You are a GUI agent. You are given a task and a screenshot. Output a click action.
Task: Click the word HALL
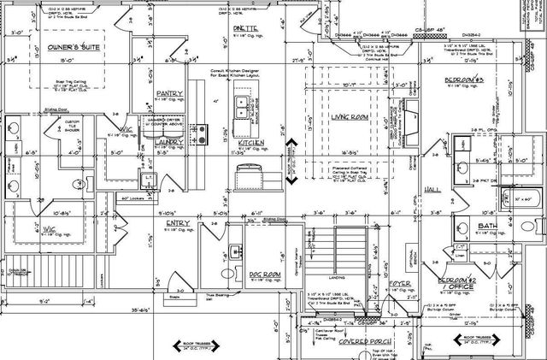[x=434, y=188]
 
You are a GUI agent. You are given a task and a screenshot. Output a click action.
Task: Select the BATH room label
[x=487, y=226]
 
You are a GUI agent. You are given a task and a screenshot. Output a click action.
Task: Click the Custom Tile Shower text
[x=72, y=129]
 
